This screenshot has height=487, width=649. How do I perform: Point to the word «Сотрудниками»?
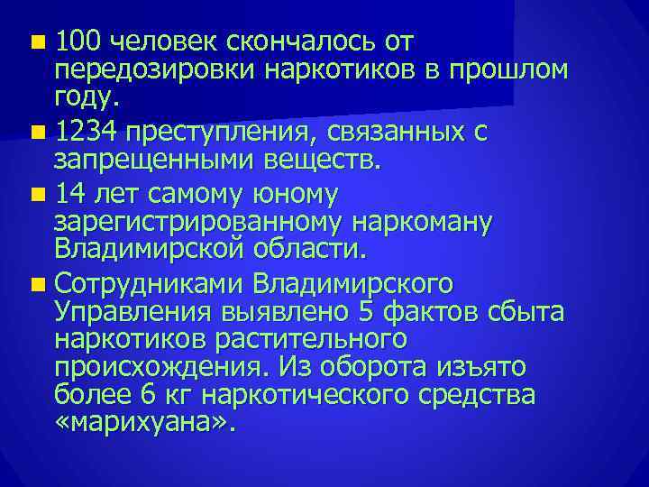(149, 284)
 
